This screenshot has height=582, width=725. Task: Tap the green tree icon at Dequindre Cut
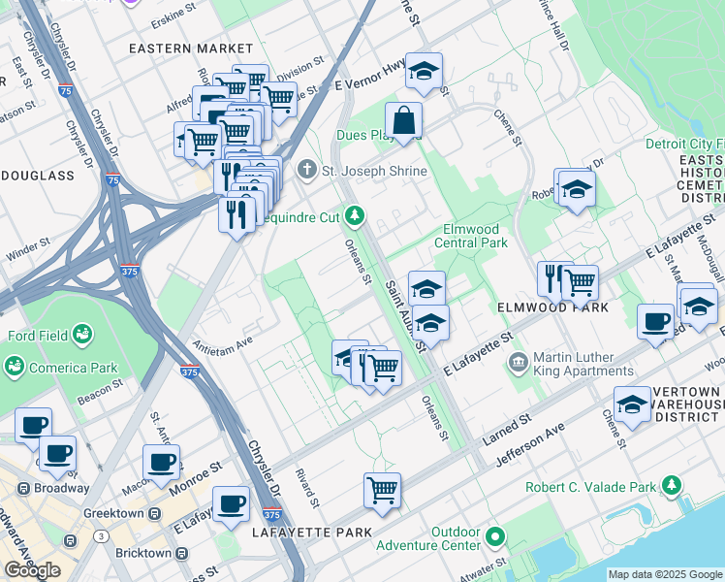[357, 214]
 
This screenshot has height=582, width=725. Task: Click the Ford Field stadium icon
[83, 336]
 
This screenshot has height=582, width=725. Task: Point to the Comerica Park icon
[15, 367]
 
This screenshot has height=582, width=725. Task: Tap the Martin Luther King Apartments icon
[519, 364]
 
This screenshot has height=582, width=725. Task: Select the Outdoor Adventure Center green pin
[496, 536]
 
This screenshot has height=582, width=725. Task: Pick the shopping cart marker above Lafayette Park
[382, 490]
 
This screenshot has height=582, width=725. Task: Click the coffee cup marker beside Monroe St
[161, 462]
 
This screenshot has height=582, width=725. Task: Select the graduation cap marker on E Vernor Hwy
[423, 72]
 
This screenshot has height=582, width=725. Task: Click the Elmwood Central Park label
[474, 236]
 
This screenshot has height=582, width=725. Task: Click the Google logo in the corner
[33, 570]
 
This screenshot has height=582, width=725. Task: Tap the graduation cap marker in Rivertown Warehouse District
[632, 405]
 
